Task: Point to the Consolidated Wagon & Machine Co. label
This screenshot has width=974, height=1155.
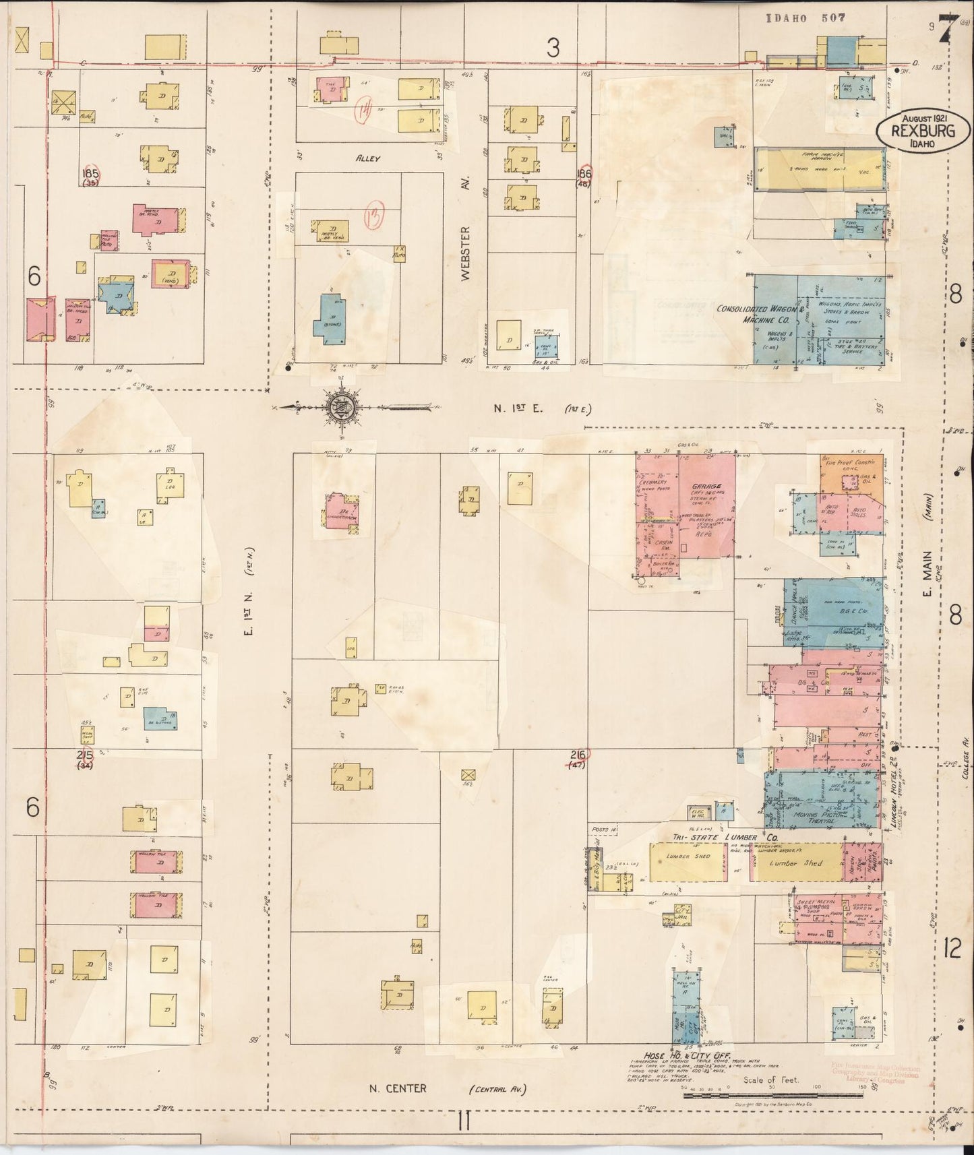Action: point(758,315)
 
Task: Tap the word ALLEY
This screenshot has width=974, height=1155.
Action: point(369,158)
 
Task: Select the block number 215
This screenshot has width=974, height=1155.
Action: point(85,754)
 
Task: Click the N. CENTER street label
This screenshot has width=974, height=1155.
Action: point(398,1088)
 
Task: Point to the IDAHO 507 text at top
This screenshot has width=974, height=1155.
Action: point(805,18)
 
